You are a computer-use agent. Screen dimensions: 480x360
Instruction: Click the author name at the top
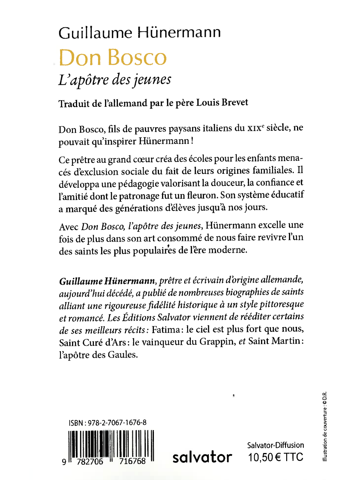[x=139, y=32]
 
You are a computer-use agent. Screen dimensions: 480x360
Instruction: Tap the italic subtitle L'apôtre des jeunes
[x=115, y=80]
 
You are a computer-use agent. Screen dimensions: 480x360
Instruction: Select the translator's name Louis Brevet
[x=222, y=103]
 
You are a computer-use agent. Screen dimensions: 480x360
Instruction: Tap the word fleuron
[x=202, y=195]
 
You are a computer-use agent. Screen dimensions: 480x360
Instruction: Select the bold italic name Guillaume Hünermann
[x=107, y=281]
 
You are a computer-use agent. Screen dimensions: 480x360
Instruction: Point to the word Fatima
[x=166, y=330]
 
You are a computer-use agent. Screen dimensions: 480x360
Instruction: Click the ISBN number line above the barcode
[x=107, y=423]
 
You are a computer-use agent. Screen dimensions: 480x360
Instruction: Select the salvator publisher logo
[x=202, y=457]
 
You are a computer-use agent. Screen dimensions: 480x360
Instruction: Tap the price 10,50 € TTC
[x=275, y=457]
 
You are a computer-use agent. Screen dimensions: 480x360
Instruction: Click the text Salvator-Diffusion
[x=275, y=445]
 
